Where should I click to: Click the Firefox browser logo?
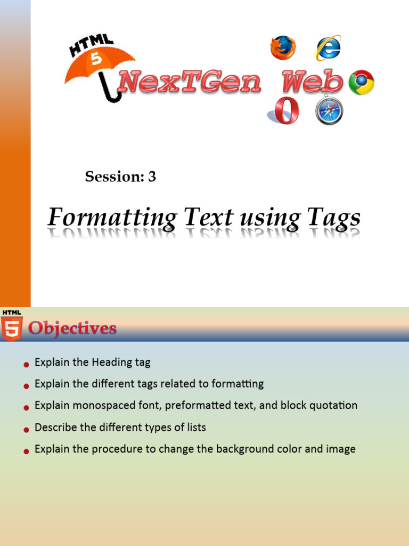(x=283, y=47)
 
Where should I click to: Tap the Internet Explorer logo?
(x=328, y=47)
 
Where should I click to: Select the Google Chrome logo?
(x=361, y=82)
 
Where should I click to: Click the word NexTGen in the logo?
(x=190, y=83)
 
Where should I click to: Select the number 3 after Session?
(x=152, y=176)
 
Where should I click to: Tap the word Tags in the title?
(x=333, y=218)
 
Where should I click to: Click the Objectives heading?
(x=72, y=328)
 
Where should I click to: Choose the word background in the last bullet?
(x=240, y=449)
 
